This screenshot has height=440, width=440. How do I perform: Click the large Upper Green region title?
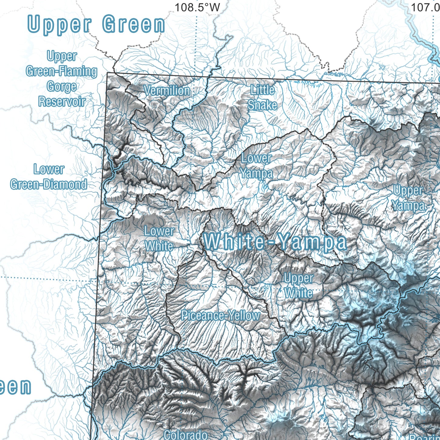click(x=96, y=24)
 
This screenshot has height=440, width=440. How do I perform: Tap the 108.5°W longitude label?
click(x=197, y=7)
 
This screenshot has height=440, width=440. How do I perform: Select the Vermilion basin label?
click(x=167, y=90)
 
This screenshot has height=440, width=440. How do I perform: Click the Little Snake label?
click(x=262, y=97)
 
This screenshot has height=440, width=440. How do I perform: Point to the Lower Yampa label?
click(x=256, y=166)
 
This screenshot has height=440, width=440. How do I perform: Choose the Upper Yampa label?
click(x=408, y=198)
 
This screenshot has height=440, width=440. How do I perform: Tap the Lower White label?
click(x=159, y=238)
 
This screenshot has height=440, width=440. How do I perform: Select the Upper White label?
click(x=298, y=285)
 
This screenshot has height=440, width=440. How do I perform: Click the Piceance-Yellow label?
click(x=220, y=315)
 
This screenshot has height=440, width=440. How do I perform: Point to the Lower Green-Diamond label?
click(x=49, y=177)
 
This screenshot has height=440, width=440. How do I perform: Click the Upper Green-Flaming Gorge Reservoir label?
click(x=62, y=79)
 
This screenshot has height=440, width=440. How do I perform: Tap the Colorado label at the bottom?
click(x=185, y=435)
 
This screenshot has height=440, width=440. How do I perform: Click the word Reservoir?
click(x=62, y=101)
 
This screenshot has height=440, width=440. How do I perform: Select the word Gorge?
click(x=62, y=86)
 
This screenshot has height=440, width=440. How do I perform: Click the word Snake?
click(x=262, y=105)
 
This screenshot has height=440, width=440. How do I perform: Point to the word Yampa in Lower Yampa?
click(x=256, y=173)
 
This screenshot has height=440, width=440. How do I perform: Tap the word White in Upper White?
click(x=298, y=293)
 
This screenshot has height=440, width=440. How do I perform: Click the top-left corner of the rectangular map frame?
click(x=107, y=73)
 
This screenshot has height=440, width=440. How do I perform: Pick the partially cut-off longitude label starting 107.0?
click(x=425, y=7)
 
